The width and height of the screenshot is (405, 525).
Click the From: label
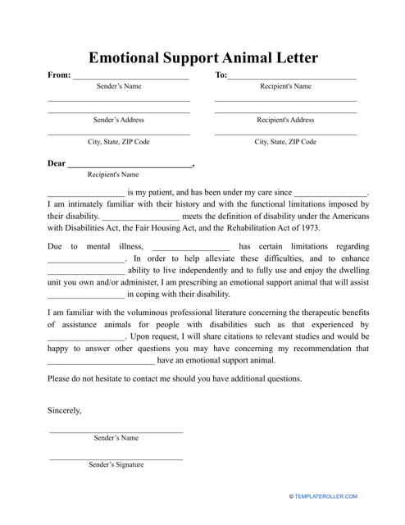click(59, 75)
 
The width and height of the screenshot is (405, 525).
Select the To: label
click(221, 75)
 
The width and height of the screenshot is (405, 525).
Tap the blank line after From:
click(131, 79)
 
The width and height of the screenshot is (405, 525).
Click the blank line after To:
click(292, 79)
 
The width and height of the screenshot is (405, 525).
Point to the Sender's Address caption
click(119, 120)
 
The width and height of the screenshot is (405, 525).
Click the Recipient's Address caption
click(285, 120)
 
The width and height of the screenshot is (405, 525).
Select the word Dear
click(57, 163)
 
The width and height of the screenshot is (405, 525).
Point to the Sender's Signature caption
click(116, 464)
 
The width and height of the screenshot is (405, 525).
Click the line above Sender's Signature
click(116, 456)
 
